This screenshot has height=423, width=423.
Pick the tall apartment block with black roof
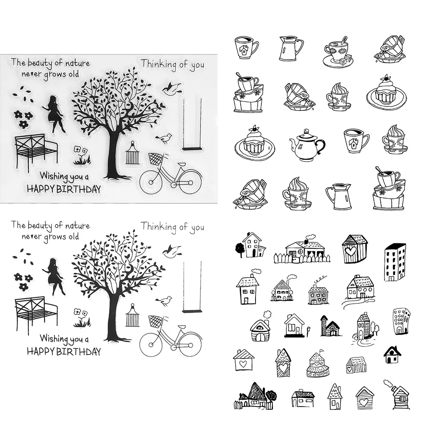pos(395,262)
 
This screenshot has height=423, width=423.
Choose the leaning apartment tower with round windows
pos(401,321)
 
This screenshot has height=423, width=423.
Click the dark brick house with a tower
pos(330,326)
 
